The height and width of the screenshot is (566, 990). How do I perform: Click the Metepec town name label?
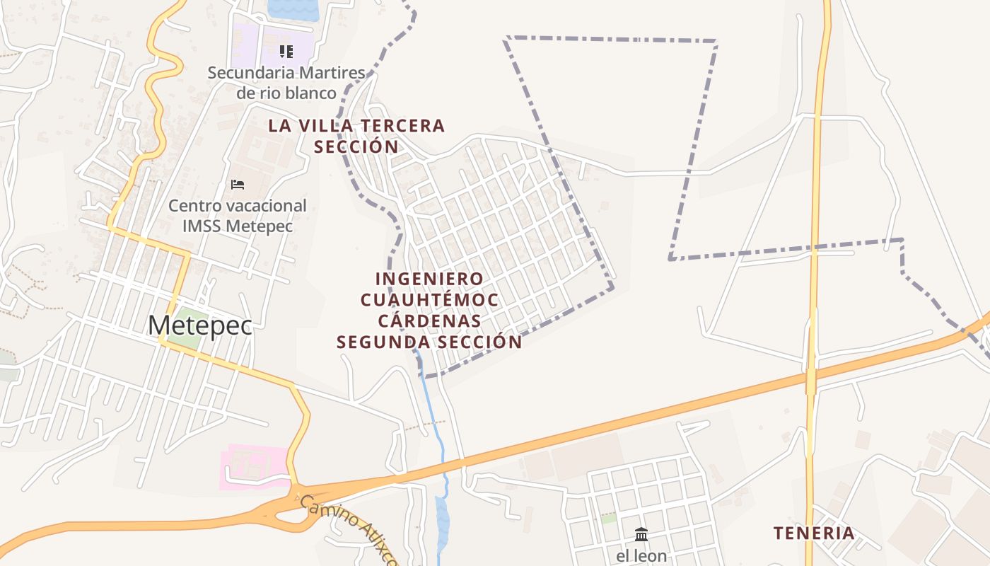[x=200, y=325]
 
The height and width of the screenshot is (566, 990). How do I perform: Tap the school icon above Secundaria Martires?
[x=286, y=52]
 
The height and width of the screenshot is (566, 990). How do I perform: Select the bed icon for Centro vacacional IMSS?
[x=238, y=185]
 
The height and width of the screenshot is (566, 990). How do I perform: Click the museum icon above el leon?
[x=641, y=534]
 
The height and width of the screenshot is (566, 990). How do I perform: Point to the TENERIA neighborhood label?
[x=814, y=533]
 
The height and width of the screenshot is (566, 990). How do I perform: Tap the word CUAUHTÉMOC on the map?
[x=429, y=300]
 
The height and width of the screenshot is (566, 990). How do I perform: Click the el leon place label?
[x=641, y=556]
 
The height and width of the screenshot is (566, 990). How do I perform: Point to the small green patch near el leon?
[x=608, y=519]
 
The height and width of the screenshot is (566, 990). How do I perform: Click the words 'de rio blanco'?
[x=286, y=93]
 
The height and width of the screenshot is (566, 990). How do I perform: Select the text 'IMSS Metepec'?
[x=238, y=226]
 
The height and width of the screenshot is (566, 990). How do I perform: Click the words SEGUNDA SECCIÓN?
[x=429, y=342]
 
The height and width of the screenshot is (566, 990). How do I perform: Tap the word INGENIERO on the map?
[x=429, y=279]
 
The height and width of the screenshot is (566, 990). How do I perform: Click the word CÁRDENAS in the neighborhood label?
[x=429, y=321]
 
